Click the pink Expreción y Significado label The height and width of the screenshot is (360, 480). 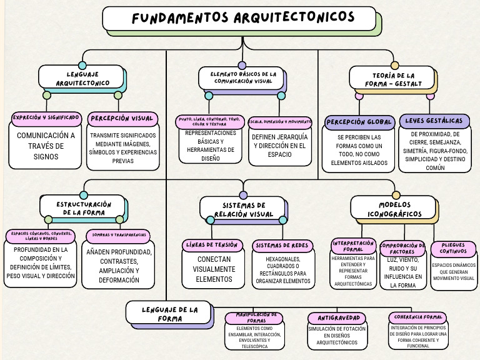(46, 117)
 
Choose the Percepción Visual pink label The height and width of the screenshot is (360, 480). (121, 117)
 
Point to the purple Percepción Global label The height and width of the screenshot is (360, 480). (359, 121)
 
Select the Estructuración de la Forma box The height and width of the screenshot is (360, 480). (82, 207)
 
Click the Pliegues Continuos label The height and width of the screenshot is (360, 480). (452, 249)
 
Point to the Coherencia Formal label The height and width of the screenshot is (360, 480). (416, 317)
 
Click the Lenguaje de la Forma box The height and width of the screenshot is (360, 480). (169, 313)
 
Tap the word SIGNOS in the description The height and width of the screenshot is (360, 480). (46, 157)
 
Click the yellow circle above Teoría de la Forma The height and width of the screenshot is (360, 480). (395, 65)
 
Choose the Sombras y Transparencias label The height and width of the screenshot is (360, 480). (119, 236)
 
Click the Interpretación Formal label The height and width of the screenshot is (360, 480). (354, 246)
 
